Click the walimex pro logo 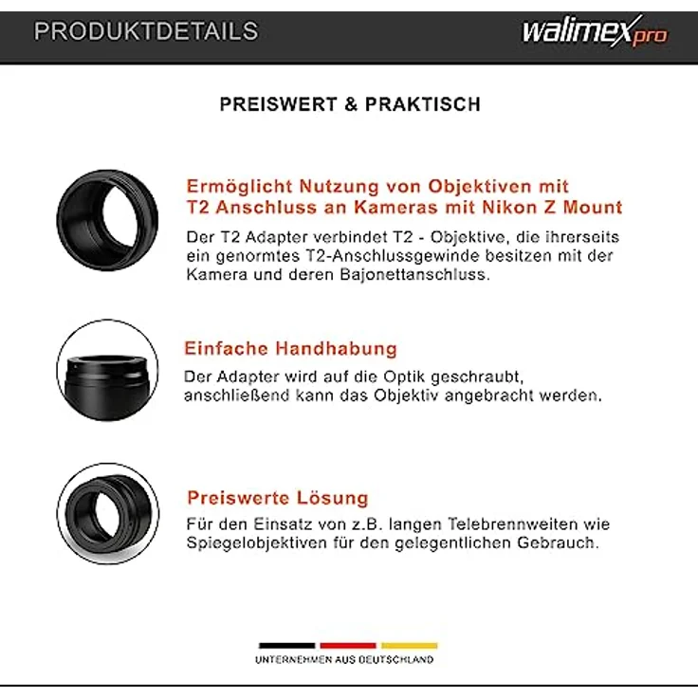(x=594, y=31)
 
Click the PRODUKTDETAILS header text (x=146, y=31)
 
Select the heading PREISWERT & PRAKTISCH (x=350, y=104)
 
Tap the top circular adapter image (x=107, y=221)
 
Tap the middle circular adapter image (x=107, y=371)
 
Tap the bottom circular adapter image (x=107, y=513)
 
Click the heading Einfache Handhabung (x=290, y=348)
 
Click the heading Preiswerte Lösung (x=277, y=498)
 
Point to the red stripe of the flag (x=348, y=644)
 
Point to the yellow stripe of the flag (x=409, y=644)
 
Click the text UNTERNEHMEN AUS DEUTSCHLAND (x=344, y=659)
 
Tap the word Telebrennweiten (x=512, y=523)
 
